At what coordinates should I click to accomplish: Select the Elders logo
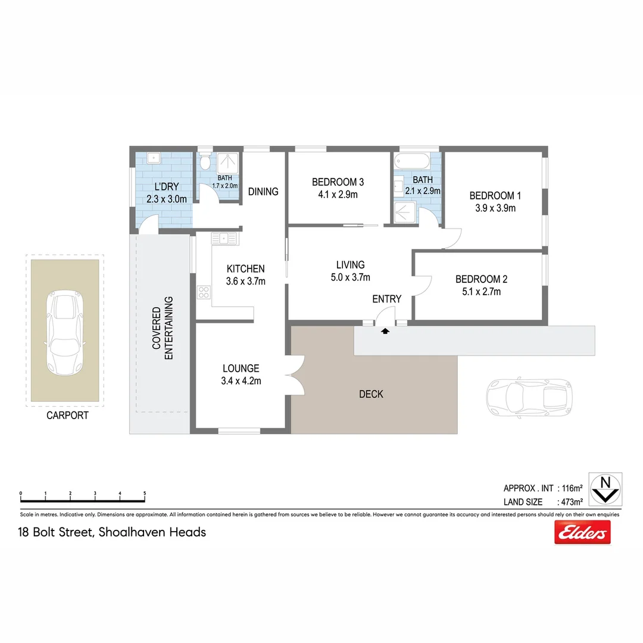pos(582,532)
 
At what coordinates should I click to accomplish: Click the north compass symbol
pos(605,489)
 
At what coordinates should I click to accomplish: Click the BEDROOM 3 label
pos(338,182)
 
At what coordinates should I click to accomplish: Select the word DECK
pos(371,394)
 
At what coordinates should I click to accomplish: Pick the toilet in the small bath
pos(205,162)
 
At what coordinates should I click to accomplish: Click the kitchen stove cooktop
pos(204,292)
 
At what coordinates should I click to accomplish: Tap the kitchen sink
pos(224,239)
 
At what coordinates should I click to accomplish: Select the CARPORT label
pos(67,416)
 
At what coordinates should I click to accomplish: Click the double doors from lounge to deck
pos(295,374)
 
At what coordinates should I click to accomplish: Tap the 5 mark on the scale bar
pos(145,494)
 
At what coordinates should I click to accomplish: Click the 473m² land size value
pos(570,502)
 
